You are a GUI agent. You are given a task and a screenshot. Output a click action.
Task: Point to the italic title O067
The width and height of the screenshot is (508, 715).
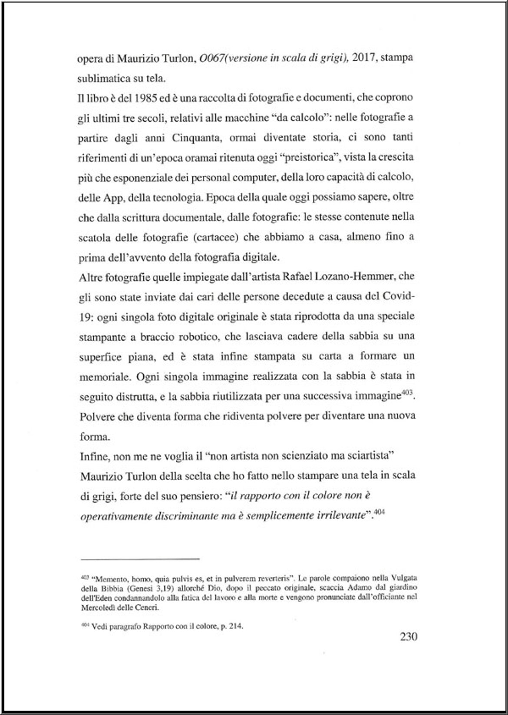coord(210,58)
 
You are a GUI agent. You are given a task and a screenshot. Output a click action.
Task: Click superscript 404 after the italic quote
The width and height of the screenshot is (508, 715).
coord(379,513)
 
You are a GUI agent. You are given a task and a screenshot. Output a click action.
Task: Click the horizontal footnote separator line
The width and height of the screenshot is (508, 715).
coord(139,558)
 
